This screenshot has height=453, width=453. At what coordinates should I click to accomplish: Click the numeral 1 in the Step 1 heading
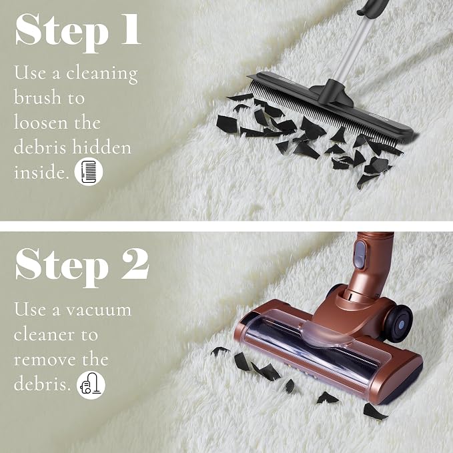(x=130, y=29)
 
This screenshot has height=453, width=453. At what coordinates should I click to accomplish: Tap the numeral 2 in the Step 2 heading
(x=135, y=264)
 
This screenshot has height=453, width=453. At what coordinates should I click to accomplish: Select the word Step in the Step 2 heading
(x=62, y=268)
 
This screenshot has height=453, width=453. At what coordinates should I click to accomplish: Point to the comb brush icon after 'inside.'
(x=89, y=171)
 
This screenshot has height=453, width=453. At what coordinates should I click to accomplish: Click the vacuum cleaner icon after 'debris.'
(x=91, y=385)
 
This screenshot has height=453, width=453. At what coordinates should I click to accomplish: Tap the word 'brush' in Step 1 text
(x=37, y=97)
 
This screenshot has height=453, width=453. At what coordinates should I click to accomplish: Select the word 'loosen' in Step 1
(x=41, y=122)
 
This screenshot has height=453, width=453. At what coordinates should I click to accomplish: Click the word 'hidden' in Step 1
(x=101, y=147)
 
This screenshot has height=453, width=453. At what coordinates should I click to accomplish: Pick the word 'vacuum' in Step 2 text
(x=99, y=310)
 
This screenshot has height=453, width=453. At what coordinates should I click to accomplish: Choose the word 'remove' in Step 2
(x=45, y=360)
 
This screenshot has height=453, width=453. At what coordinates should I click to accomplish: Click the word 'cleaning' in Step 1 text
(x=102, y=73)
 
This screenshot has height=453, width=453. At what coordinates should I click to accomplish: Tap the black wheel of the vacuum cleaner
(x=399, y=322)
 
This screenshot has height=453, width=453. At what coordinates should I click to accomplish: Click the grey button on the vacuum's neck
(x=360, y=255)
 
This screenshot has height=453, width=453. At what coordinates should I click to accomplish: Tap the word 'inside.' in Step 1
(x=41, y=172)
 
